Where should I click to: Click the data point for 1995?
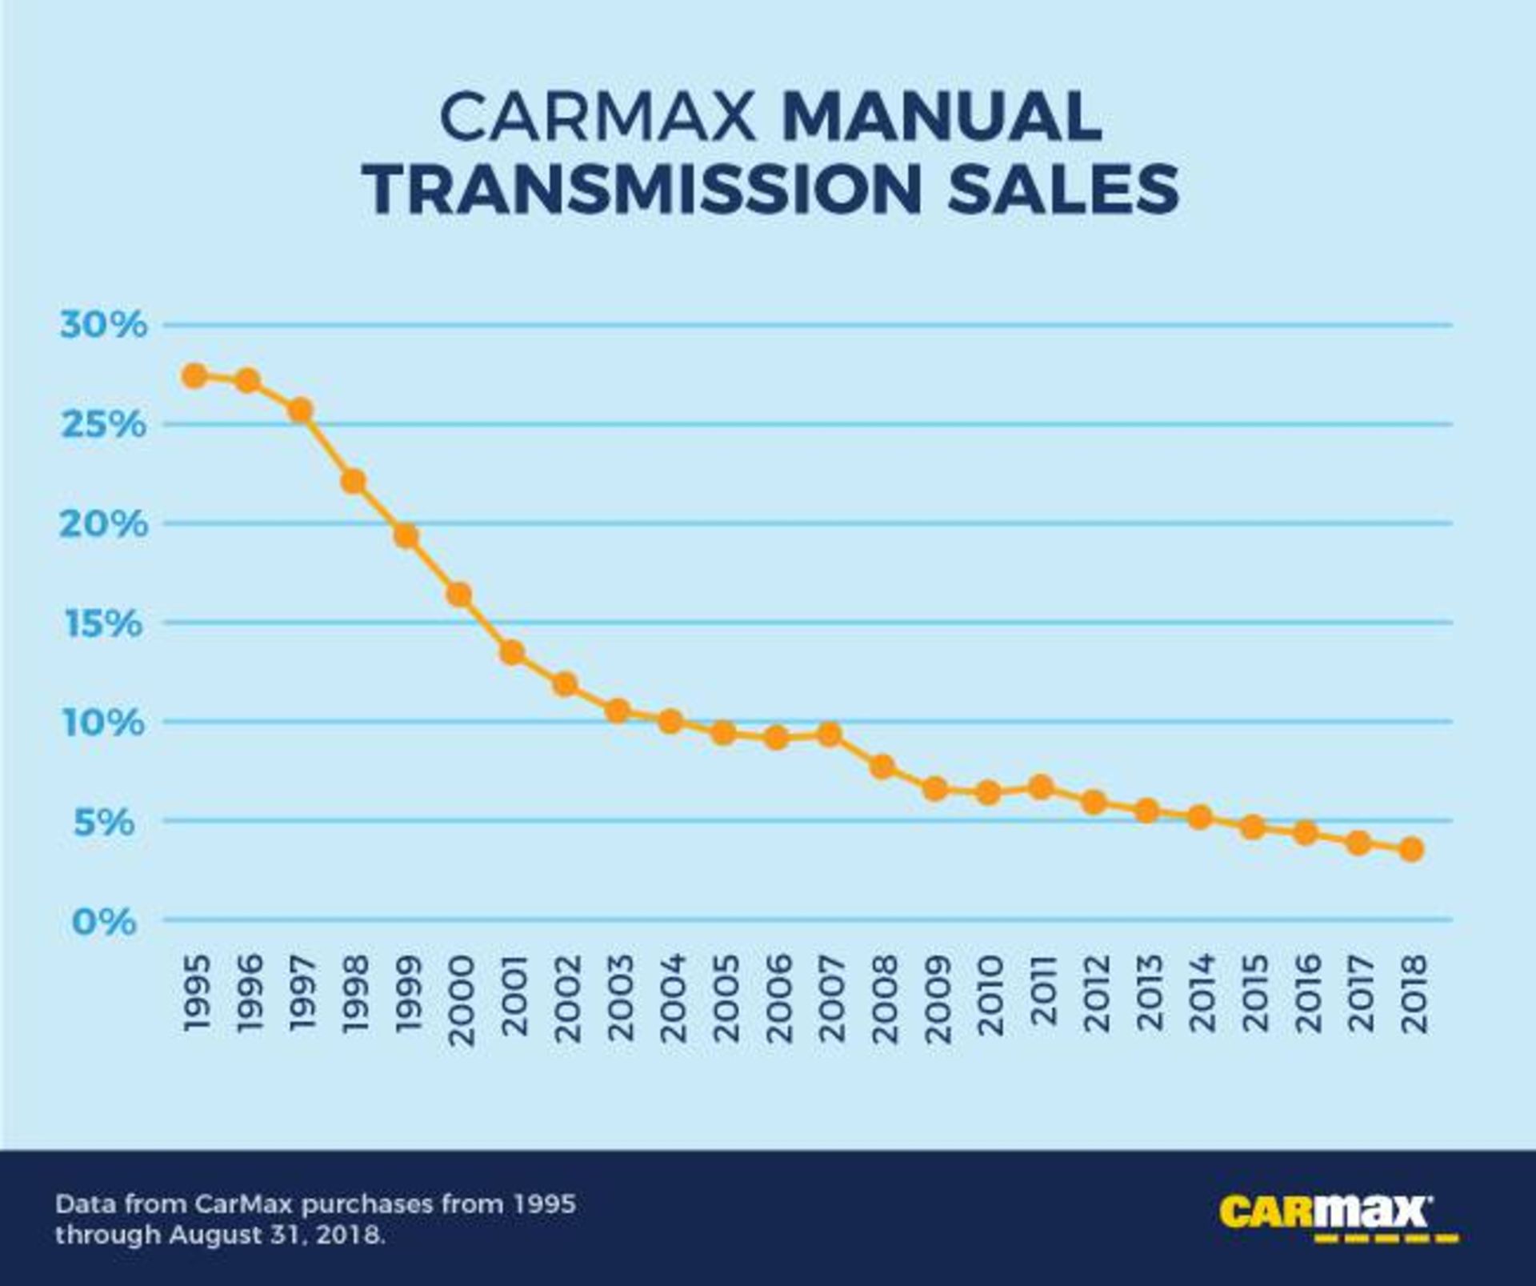(194, 375)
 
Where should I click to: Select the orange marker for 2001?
(513, 653)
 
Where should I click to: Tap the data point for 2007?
(830, 734)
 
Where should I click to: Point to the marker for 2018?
(1412, 849)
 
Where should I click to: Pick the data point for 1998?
(353, 482)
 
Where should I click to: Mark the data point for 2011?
(1041, 787)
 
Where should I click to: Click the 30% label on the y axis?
(104, 326)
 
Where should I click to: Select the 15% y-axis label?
(104, 623)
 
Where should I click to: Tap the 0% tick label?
(104, 922)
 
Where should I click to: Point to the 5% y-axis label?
(104, 822)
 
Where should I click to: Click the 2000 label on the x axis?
(461, 1000)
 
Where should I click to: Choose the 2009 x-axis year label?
(937, 1000)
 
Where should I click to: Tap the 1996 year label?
(249, 994)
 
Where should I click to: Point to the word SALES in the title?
(1063, 189)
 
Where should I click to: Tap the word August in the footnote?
(215, 1235)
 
